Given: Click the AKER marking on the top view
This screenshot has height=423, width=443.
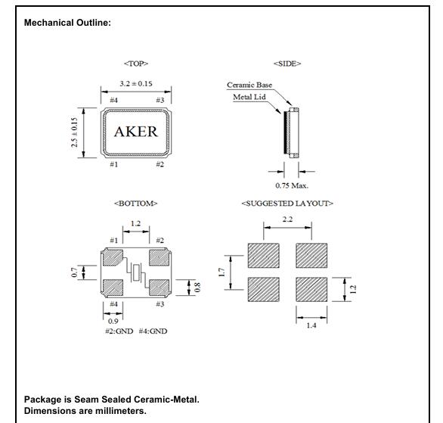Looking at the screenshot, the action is (x=136, y=132).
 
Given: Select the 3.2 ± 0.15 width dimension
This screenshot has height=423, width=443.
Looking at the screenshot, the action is (x=136, y=84).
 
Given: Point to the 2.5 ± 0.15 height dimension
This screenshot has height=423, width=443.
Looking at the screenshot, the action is (x=74, y=132).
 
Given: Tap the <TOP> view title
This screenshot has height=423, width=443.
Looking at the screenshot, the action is (x=136, y=64).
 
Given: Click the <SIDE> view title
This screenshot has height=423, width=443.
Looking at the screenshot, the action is (x=287, y=64).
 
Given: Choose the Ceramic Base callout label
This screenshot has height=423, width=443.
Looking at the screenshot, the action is (x=249, y=85).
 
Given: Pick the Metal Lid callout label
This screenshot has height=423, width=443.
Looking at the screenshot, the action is (x=249, y=97).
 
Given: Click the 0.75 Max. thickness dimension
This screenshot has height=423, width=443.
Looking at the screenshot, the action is (x=292, y=185).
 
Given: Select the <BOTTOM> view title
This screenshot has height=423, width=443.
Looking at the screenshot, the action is (x=136, y=204).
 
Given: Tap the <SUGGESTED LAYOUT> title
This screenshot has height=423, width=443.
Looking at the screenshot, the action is (x=287, y=204).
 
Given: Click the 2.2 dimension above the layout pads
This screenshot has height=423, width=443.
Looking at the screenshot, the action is (x=287, y=219).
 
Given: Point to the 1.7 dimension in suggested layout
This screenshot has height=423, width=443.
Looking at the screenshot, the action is (x=221, y=272).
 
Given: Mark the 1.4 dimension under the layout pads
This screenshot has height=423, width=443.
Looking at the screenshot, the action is (x=311, y=325).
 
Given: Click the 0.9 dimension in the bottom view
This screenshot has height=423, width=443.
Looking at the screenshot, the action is (x=113, y=321).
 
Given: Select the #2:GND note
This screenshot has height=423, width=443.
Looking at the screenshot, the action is (x=119, y=331).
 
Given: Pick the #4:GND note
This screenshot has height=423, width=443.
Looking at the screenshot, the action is (x=153, y=331).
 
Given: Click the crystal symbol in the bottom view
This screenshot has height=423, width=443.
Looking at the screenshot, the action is (x=137, y=272).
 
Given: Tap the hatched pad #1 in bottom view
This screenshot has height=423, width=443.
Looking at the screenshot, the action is (x=112, y=257).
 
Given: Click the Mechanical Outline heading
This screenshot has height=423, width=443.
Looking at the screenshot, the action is (x=67, y=23).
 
